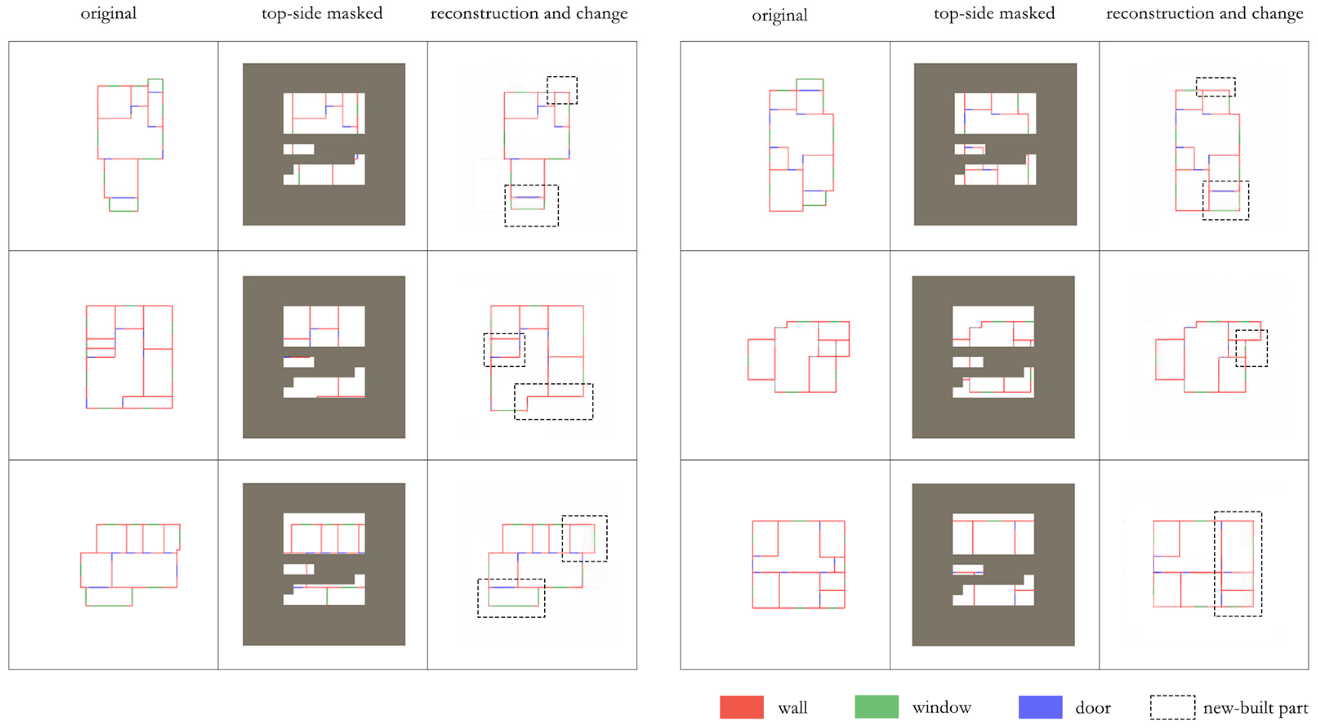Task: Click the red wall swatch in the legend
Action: (741, 707)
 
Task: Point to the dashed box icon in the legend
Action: (1173, 708)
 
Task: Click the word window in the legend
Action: (941, 708)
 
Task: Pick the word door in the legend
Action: (1093, 708)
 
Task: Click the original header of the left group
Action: (108, 13)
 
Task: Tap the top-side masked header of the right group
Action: (994, 13)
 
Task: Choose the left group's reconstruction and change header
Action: (529, 13)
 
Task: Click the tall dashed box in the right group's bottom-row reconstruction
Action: (1238, 563)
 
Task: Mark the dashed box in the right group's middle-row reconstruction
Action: (1252, 348)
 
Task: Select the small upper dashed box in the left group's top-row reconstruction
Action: (562, 90)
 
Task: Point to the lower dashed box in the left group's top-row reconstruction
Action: (532, 205)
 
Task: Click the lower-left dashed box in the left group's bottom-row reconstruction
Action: (511, 598)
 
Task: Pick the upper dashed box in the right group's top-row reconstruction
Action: (1216, 86)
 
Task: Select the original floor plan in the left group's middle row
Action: (129, 357)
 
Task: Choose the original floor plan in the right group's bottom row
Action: (798, 564)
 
